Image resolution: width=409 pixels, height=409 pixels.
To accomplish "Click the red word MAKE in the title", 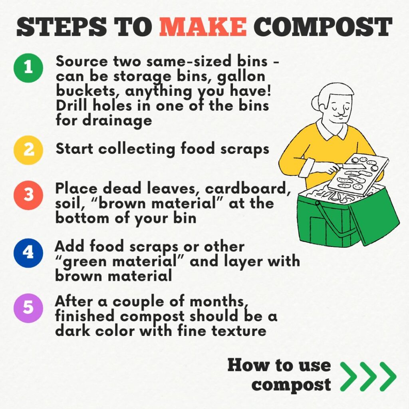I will click(203, 27).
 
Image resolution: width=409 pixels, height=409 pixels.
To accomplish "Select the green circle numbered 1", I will click(28, 68).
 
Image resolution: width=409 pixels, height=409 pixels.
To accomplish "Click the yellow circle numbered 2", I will click(28, 150).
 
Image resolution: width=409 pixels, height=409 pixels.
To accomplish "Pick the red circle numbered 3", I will click(28, 195).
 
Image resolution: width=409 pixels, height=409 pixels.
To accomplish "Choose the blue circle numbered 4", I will click(28, 252).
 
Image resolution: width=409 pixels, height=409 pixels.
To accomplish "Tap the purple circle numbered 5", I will click(28, 308).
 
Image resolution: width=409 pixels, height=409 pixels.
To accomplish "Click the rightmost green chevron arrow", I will click(387, 376).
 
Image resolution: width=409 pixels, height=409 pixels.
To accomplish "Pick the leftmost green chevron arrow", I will click(348, 376).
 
